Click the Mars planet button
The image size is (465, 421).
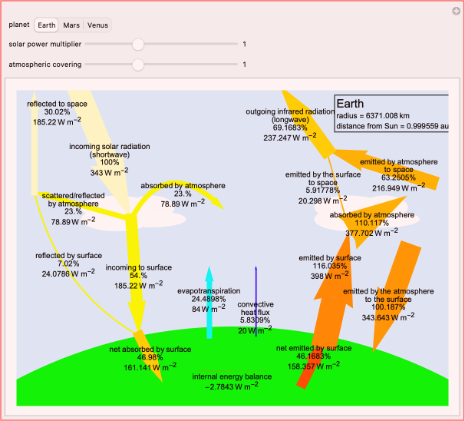tap(71, 25)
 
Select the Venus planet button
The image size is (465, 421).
tap(97, 25)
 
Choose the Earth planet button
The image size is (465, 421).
tap(47, 25)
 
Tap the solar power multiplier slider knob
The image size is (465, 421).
tap(138, 45)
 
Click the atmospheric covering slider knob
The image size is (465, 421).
tap(138, 65)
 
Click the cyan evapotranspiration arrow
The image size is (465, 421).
tap(209, 302)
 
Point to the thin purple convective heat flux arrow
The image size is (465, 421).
tap(256, 301)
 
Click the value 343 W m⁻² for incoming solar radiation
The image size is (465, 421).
tap(110, 172)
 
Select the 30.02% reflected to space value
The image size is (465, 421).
tap(57, 112)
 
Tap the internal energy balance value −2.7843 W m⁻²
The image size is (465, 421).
tap(232, 386)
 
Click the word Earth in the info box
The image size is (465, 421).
tap(350, 104)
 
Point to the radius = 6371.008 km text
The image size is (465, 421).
tap(373, 116)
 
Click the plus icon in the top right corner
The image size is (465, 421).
tap(456, 12)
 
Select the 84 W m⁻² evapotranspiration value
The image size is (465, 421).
tap(209, 308)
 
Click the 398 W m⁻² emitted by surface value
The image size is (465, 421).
tap(329, 275)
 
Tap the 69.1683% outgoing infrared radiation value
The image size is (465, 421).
tap(290, 128)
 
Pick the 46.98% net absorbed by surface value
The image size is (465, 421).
tap(150, 357)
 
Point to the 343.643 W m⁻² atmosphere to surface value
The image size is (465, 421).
tap(388, 317)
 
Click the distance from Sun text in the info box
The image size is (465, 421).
tap(392, 126)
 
